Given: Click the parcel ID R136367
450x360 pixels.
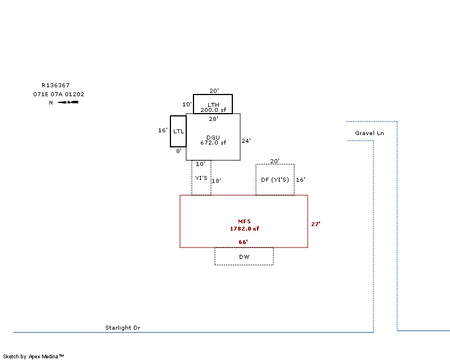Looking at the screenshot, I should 56,85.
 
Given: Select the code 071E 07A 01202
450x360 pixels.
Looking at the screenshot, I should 59,94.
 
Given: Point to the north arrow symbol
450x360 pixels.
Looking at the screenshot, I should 68,102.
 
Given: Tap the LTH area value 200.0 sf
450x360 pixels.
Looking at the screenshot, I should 213,110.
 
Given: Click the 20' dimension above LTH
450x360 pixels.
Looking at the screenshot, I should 213,91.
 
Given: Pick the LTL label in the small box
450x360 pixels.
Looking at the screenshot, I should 178,132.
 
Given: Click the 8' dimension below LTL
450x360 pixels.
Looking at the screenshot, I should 179,151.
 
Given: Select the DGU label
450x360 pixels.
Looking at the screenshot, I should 213,137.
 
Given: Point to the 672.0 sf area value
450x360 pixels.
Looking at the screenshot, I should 213,143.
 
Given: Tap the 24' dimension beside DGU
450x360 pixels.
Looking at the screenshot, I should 246,141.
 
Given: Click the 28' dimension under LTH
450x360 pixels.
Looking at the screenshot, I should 213,119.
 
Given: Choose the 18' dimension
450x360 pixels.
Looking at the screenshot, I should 217,181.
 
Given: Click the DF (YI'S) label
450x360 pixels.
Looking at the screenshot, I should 275,180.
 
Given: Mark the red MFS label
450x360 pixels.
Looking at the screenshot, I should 244,222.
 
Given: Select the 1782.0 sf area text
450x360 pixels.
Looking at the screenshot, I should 244,229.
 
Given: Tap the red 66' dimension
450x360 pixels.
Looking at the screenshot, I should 244,242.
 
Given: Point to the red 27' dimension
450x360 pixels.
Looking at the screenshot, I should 316,224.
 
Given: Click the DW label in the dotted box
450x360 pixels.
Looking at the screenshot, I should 244,256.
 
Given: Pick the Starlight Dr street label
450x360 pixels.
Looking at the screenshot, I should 123,327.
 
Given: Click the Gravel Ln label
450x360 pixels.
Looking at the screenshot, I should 369,133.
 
